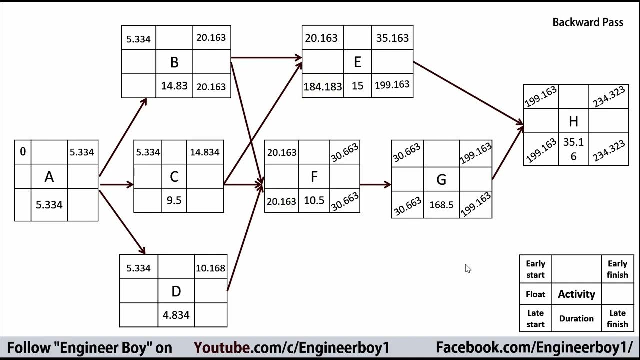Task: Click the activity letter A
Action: tap(49, 177)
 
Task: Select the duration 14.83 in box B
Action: tap(174, 86)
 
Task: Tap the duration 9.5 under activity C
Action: tap(174, 201)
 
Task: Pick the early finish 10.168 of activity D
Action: tap(210, 268)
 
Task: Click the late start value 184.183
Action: tap(323, 86)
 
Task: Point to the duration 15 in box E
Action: tap(357, 86)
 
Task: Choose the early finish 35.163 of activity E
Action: tap(392, 38)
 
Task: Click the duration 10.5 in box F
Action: tap(314, 201)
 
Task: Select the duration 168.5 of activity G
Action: tap(441, 205)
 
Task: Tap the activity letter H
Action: tap(573, 121)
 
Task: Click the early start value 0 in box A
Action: tap(23, 152)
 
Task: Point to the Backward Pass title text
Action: tap(588, 22)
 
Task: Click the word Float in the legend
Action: tap(535, 294)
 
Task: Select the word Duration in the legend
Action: tap(576, 319)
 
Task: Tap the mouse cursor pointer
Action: tap(467, 268)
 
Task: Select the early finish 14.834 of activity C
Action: tap(205, 152)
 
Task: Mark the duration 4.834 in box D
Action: tap(176, 315)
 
